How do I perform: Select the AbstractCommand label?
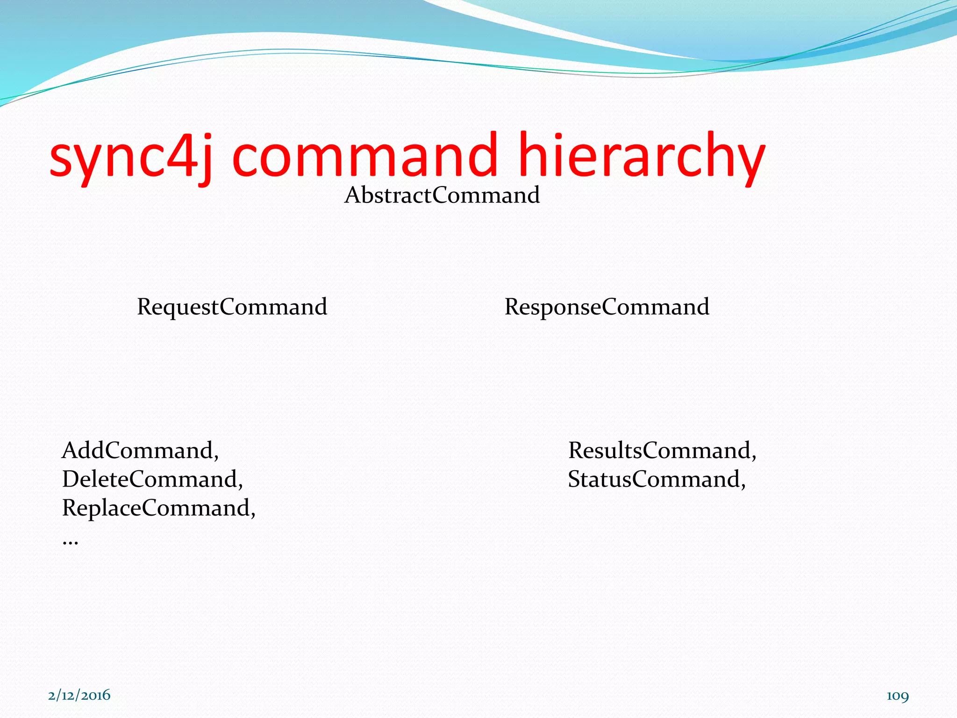(442, 195)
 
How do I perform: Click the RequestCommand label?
(232, 307)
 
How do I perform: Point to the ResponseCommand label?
(607, 307)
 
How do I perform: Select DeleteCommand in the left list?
(150, 479)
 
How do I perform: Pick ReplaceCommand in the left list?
(156, 508)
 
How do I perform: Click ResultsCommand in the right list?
(659, 450)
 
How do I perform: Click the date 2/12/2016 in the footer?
(79, 695)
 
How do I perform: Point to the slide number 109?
(898, 696)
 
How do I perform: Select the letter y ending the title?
(748, 161)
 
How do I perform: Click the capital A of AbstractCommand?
(353, 195)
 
